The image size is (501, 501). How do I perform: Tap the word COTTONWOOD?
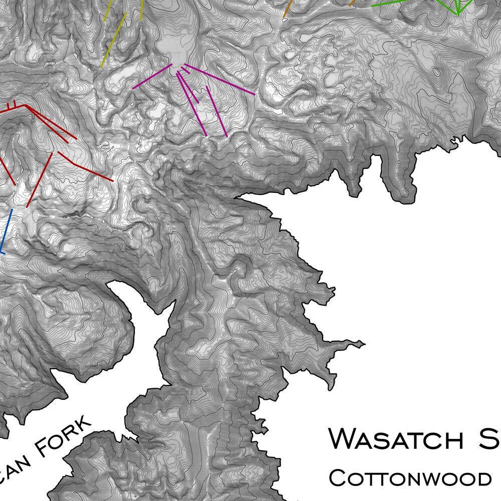tap(410, 477)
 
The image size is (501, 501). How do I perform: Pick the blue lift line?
tap(5, 231)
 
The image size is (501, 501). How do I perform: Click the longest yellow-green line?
tap(113, 40)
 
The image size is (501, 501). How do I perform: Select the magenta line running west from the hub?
tap(152, 76)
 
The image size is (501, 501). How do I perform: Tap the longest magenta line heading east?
tap(220, 80)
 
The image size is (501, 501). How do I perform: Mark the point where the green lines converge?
tap(457, 12)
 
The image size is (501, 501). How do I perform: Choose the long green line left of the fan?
tap(396, 3)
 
